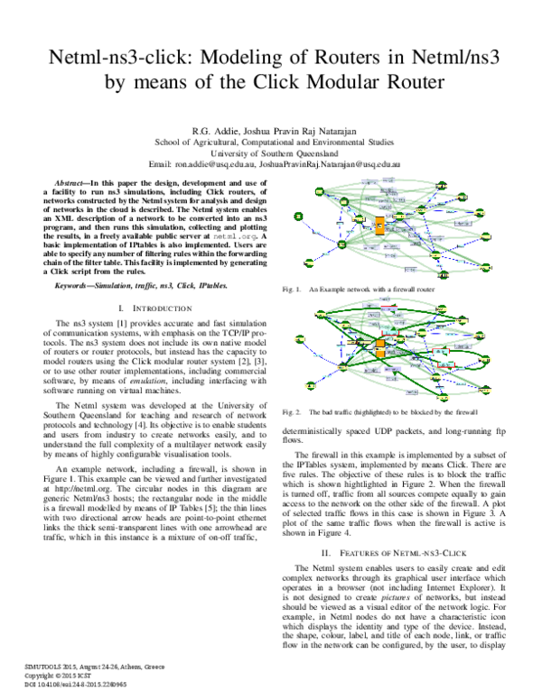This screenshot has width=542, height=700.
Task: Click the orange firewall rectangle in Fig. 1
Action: (x=379, y=225)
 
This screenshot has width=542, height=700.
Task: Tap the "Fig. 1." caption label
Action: (x=290, y=290)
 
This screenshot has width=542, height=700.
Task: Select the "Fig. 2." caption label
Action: (x=290, y=410)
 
